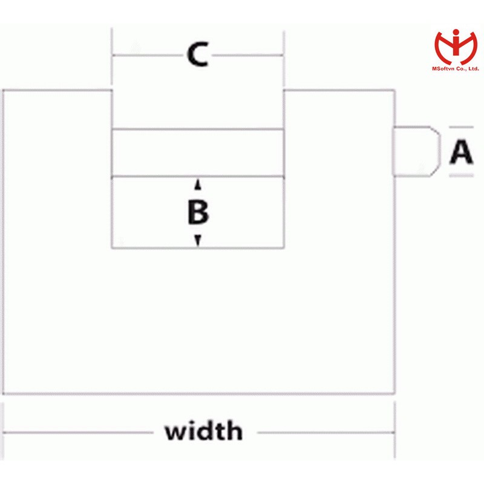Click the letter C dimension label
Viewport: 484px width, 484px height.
pos(197,56)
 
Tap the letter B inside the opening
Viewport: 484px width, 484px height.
pos(198,212)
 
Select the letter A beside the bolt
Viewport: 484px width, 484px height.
pos(461,152)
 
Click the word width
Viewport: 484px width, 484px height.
pos(203,432)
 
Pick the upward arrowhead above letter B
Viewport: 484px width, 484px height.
pos(197,185)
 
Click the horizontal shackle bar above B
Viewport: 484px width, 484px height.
pos(197,152)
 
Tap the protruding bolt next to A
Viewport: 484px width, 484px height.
pos(416,152)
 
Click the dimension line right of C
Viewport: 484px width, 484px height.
pos(248,56)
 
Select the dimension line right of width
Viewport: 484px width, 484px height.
pos(327,433)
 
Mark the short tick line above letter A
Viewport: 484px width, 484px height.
pos(460,128)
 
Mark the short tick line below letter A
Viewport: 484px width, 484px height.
pos(460,176)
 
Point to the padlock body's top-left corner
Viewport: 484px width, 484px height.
pos(4,91)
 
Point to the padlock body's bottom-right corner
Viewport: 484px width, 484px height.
pos(394,394)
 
